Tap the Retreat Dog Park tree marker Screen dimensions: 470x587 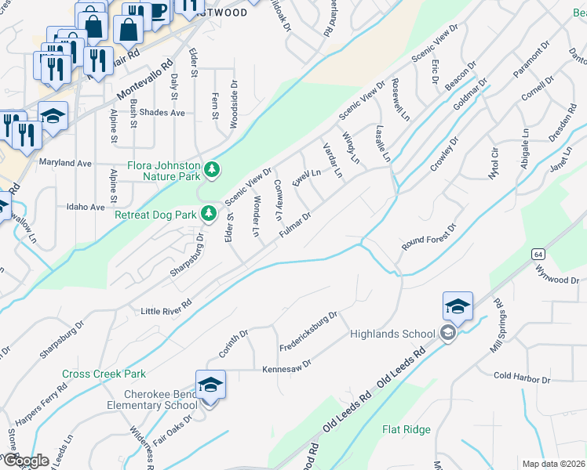(209, 213)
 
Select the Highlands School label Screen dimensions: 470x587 (392, 334)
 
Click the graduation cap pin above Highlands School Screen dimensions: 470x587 (458, 306)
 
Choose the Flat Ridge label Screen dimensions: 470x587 (406, 429)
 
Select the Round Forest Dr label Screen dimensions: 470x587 (428, 237)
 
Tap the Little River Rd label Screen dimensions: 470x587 (166, 307)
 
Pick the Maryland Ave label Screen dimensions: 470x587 (66, 163)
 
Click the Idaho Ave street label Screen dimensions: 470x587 (86, 208)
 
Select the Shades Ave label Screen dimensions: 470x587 (162, 113)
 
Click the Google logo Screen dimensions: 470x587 (25, 461)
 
